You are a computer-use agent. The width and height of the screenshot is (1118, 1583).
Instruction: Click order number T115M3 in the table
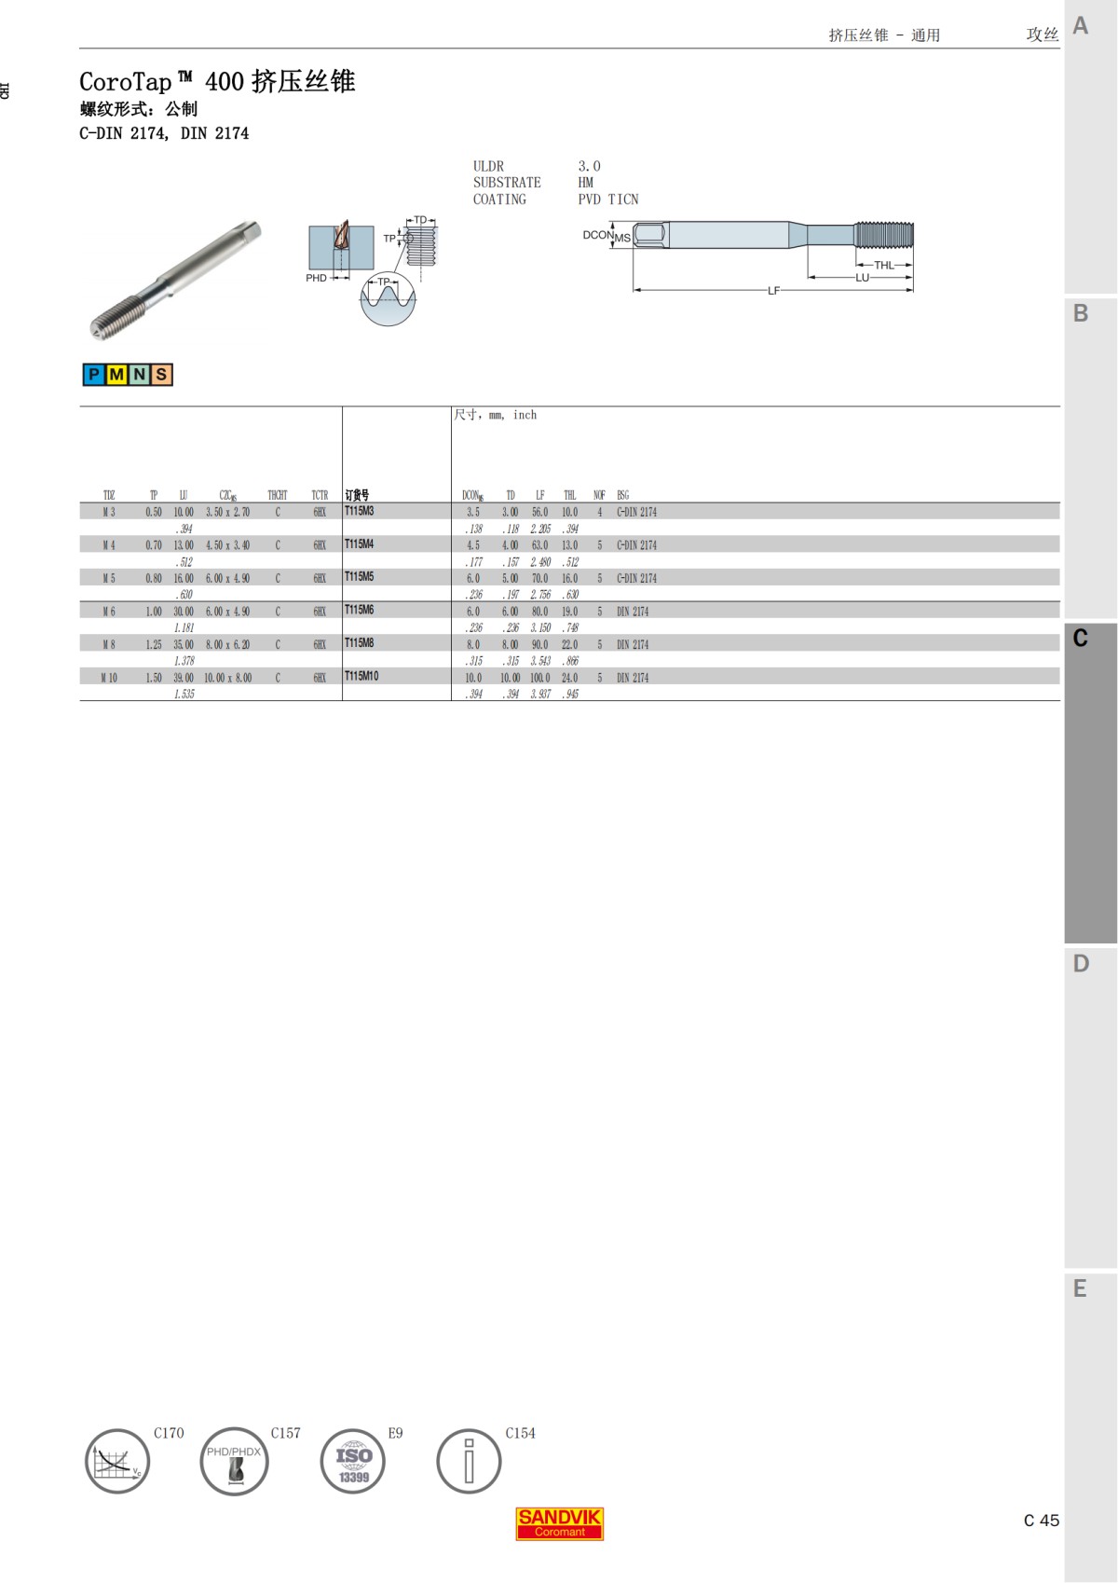pos(359,511)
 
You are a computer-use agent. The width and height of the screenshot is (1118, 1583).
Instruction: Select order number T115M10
pos(361,676)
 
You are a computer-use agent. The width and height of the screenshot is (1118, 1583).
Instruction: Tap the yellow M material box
pos(116,375)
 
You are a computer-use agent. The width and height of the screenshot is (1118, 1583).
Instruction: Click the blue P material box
pos(93,375)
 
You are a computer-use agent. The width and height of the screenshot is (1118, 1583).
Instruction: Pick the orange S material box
pos(161,375)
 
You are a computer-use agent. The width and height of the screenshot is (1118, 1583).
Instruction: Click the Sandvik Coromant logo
pos(560,1523)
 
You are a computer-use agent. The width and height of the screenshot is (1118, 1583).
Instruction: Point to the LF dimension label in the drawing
pos(773,291)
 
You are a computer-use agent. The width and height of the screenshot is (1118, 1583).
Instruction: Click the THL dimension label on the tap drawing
pos(883,266)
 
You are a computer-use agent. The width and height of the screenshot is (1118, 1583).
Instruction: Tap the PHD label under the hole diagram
pos(316,278)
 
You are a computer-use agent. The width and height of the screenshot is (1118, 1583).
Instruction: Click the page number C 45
pos(1041,1521)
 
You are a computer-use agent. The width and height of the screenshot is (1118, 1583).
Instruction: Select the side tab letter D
pos(1081,964)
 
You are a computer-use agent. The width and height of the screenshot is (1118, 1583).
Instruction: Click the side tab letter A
pos(1081,26)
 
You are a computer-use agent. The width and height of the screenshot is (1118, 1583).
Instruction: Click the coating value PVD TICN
pos(607,200)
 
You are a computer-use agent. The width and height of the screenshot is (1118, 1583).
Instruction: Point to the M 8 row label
pos(109,644)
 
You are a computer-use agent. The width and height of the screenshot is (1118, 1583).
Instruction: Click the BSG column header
pos(622,495)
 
